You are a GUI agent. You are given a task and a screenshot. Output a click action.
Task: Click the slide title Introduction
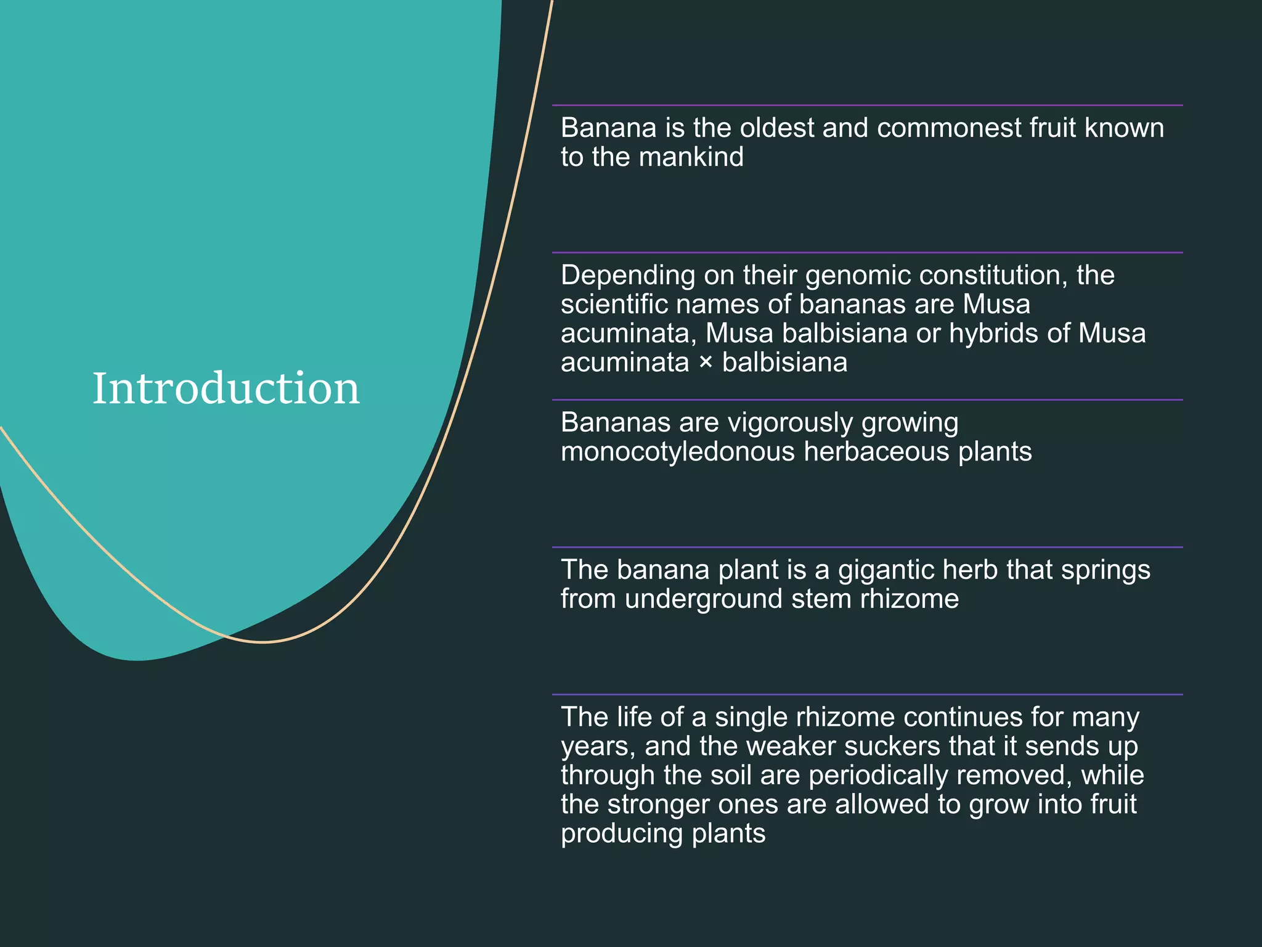point(226,388)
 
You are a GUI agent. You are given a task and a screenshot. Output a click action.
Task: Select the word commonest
point(949,128)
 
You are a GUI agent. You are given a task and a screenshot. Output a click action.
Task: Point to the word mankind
point(691,157)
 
